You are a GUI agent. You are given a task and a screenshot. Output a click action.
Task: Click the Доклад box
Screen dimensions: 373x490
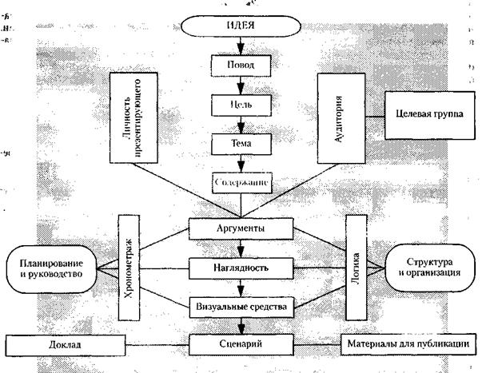pos(63,344)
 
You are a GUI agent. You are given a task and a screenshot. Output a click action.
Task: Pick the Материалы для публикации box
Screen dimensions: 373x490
pos(412,344)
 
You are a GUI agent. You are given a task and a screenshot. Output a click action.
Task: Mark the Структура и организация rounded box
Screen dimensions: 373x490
pos(432,268)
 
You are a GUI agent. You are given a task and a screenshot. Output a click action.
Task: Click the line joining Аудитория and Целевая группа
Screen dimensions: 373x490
pos(368,112)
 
